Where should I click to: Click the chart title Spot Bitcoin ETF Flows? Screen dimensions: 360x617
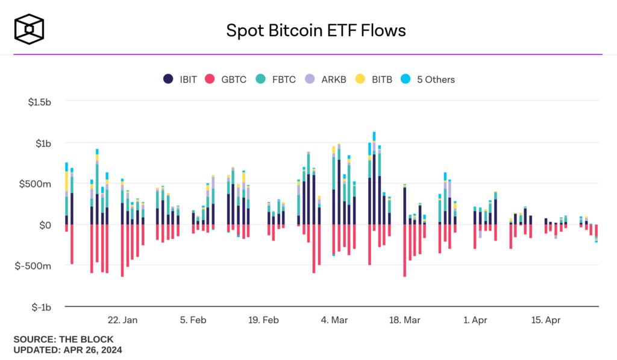coord(316,30)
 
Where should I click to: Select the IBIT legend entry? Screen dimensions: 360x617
coord(180,79)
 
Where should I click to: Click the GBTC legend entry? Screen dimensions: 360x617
coord(227,79)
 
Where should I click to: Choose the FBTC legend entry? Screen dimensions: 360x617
coord(275,79)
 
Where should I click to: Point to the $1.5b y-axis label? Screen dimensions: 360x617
coord(40,103)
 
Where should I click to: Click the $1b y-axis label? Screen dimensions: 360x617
coord(43,144)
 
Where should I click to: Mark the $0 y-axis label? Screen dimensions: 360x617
coord(46,225)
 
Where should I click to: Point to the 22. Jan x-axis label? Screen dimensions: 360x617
coord(122,320)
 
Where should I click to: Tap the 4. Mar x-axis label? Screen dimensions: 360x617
coord(334,320)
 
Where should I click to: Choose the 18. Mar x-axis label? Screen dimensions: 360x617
coord(404,320)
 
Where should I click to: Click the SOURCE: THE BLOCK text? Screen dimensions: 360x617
coord(63,339)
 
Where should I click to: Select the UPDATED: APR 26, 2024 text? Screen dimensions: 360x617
coord(68,349)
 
